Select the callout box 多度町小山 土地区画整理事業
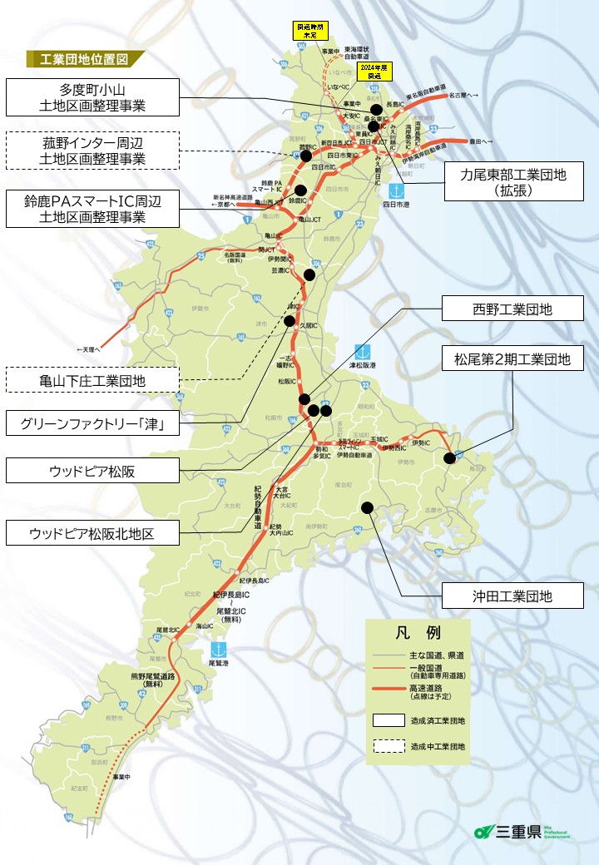click(x=92, y=97)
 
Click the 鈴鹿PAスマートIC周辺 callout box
click(x=92, y=208)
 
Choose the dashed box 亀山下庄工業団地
click(x=92, y=380)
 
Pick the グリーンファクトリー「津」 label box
click(x=92, y=425)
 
